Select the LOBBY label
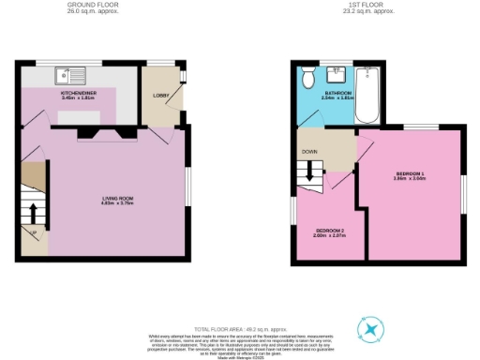pos(159,95)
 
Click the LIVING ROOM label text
pos(118,197)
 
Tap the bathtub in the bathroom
pos(369,95)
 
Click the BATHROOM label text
pos(339,93)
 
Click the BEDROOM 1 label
pos(410,173)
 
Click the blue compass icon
pos(373,330)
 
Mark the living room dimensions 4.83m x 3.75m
pos(118,203)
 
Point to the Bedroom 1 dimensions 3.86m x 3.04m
pos(410,179)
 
